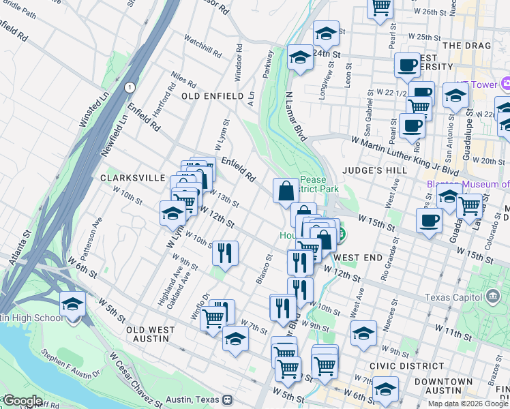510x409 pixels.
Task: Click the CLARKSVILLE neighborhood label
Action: click(132, 177)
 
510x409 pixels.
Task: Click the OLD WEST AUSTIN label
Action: click(157, 333)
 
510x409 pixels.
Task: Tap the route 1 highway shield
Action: click(129, 87)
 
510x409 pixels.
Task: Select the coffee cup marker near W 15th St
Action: click(430, 220)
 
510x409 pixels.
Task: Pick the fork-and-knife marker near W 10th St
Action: click(224, 253)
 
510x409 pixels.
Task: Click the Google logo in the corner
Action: click(22, 401)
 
